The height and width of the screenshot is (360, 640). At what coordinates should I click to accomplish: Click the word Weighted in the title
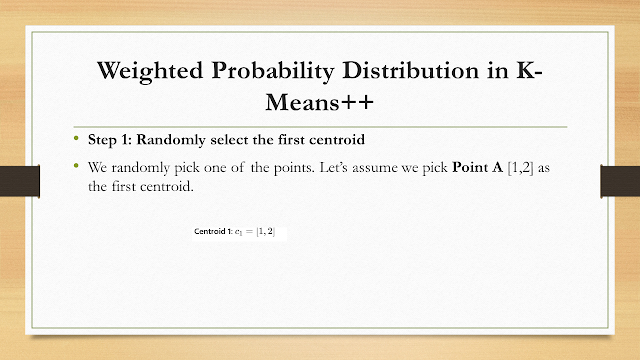click(150, 71)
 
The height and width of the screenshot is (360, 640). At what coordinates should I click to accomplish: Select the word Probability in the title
click(273, 71)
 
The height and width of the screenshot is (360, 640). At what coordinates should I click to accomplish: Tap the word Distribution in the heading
click(411, 70)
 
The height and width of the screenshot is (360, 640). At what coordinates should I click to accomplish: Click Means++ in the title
click(320, 102)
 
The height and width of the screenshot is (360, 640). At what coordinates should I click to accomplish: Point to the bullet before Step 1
click(76, 138)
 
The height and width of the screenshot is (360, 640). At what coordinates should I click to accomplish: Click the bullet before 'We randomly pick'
click(76, 166)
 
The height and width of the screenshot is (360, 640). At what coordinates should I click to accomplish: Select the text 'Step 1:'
click(108, 140)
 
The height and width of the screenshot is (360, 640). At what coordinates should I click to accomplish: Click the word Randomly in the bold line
click(171, 140)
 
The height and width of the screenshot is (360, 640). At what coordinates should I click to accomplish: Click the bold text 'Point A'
click(477, 167)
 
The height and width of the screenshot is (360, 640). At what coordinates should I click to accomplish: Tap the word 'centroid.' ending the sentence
click(167, 187)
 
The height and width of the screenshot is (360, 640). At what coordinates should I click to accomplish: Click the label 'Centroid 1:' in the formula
click(213, 231)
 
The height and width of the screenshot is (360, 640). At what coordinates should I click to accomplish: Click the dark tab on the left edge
click(20, 181)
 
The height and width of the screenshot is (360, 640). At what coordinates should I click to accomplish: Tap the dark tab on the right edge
click(620, 181)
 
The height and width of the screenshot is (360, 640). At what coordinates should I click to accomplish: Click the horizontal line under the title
click(320, 127)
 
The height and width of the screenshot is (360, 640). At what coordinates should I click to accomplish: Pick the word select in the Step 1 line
click(229, 140)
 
